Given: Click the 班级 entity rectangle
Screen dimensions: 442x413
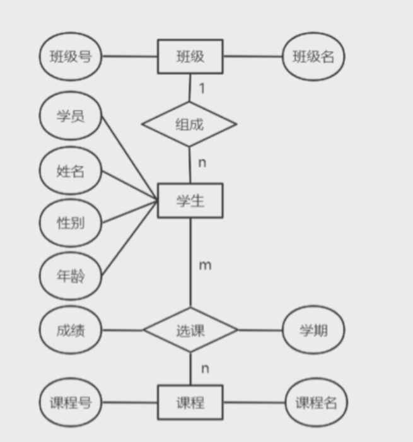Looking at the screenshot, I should pyautogui.click(x=190, y=57).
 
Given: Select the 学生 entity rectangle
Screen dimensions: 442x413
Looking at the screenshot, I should pyautogui.click(x=190, y=201).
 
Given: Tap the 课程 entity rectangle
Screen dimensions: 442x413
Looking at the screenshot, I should pyautogui.click(x=190, y=402).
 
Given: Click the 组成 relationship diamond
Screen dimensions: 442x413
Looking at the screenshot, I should pyautogui.click(x=189, y=124).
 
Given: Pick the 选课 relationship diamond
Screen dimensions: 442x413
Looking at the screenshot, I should pyautogui.click(x=190, y=329).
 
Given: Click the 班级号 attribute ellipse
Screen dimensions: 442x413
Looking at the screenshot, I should pyautogui.click(x=71, y=57).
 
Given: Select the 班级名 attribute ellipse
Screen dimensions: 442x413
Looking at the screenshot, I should pyautogui.click(x=313, y=57).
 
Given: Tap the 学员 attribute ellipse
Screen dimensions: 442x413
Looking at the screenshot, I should pyautogui.click(x=71, y=116).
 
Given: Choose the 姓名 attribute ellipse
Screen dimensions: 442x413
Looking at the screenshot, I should pyautogui.click(x=71, y=170).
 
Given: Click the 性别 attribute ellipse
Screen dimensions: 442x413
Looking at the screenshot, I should pyautogui.click(x=71, y=223).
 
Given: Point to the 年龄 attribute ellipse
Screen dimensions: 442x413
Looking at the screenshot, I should pyautogui.click(x=71, y=276).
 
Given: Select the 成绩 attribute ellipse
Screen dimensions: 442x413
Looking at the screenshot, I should pyautogui.click(x=71, y=330).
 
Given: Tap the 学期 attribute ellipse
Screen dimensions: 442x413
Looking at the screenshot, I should pyautogui.click(x=313, y=330).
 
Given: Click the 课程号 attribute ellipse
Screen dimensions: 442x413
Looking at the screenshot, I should pyautogui.click(x=71, y=402).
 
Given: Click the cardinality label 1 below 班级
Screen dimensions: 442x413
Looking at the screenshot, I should pyautogui.click(x=202, y=88).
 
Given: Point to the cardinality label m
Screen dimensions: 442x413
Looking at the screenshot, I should pyautogui.click(x=205, y=265).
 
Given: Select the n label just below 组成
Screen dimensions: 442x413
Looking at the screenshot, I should pyautogui.click(x=202, y=163).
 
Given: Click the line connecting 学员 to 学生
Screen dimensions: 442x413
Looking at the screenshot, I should pyautogui.click(x=129, y=158).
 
